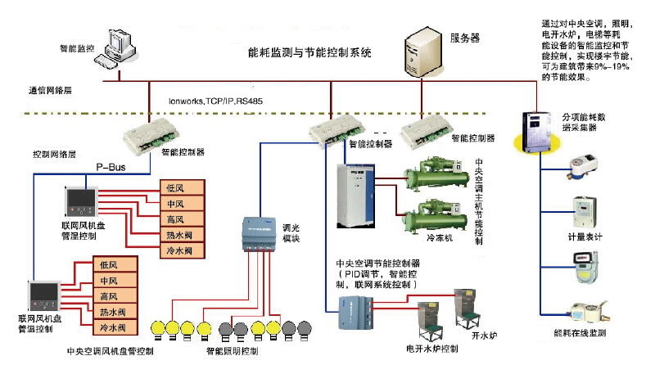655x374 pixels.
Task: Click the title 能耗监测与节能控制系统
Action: (x=309, y=52)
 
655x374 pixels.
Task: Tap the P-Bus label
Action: (x=110, y=165)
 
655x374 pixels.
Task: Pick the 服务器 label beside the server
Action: (x=464, y=38)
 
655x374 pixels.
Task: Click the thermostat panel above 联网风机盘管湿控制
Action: (x=81, y=201)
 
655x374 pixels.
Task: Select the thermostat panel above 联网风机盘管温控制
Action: (x=44, y=295)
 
